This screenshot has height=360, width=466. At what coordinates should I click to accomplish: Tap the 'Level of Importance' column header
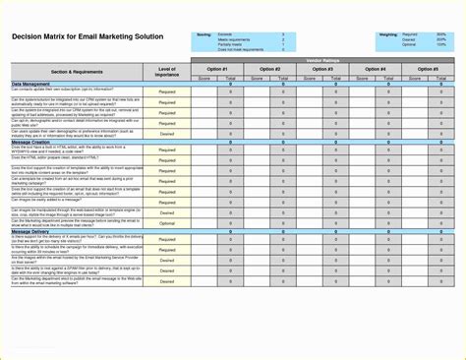pyautogui.click(x=167, y=72)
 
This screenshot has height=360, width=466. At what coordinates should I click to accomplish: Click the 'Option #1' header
pyautogui.click(x=217, y=69)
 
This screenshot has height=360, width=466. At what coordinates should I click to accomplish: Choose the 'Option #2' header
pyautogui.click(x=269, y=69)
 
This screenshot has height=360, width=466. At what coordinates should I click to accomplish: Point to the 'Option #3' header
pyautogui.click(x=322, y=69)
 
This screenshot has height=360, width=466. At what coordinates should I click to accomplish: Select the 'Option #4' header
pyautogui.click(x=376, y=69)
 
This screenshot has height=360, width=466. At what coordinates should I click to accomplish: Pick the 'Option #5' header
pyautogui.click(x=428, y=69)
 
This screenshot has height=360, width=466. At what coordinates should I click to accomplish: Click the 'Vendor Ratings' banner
pyautogui.click(x=322, y=61)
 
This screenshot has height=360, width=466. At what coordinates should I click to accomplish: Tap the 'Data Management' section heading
pyautogui.click(x=32, y=84)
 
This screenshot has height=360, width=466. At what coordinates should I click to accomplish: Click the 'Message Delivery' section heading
pyautogui.click(x=33, y=231)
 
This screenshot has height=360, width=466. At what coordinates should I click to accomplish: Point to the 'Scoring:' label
pyautogui.click(x=204, y=34)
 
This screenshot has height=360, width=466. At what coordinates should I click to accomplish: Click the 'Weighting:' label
pyautogui.click(x=387, y=34)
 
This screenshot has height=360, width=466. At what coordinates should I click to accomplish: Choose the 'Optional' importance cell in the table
pyautogui.click(x=167, y=223)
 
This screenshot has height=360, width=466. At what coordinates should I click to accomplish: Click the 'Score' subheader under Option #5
pyautogui.click(x=415, y=77)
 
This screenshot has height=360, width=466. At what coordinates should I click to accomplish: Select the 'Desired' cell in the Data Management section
pyautogui.click(x=167, y=133)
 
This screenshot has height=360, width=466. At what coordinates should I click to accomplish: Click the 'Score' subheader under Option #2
pyautogui.click(x=257, y=77)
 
